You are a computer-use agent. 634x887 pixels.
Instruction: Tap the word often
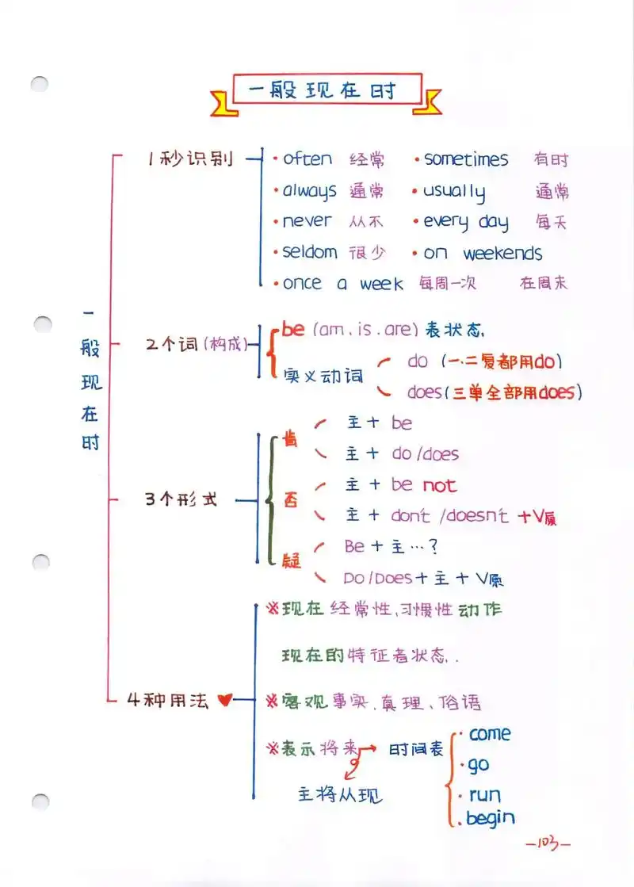(x=307, y=159)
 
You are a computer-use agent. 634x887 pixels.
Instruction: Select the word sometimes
(x=466, y=159)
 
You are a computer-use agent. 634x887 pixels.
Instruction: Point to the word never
(x=307, y=221)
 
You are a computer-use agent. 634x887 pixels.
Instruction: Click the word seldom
(x=310, y=252)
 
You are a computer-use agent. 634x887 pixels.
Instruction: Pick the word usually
(x=453, y=192)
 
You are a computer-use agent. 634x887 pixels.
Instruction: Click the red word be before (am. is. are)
(x=293, y=329)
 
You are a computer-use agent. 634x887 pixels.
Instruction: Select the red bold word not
(x=439, y=485)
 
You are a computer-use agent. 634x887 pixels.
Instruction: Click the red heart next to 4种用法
(x=223, y=701)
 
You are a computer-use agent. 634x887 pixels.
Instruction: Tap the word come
(x=490, y=734)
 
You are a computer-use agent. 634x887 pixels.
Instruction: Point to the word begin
(x=491, y=818)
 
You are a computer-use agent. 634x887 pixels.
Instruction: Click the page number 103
(x=548, y=843)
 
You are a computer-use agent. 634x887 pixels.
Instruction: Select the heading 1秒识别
(x=190, y=159)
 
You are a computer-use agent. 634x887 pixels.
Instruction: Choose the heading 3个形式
(x=181, y=500)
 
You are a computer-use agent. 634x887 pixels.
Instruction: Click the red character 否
(x=292, y=500)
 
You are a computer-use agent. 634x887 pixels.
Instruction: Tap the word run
(x=485, y=794)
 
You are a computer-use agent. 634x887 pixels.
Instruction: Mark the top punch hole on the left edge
(x=40, y=84)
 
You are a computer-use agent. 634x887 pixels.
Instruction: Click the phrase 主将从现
(x=340, y=793)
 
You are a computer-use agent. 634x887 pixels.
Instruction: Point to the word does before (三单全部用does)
(x=424, y=392)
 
